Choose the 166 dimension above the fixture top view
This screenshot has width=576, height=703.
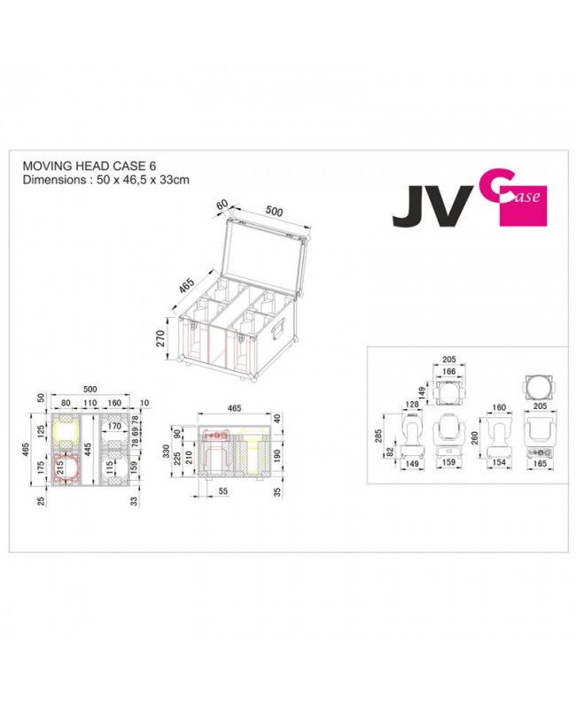coord(447,372)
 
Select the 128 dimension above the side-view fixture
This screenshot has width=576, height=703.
coord(411,405)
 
